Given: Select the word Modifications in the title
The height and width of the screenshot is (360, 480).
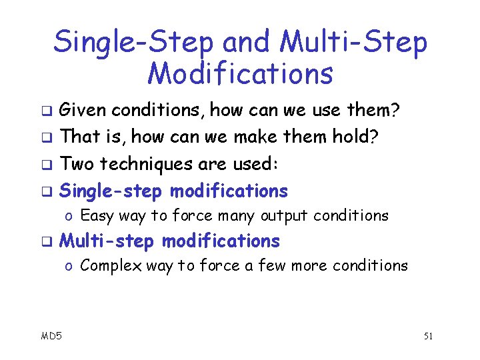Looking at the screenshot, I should pos(240,73).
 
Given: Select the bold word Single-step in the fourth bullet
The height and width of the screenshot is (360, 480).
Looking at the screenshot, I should pos(111,191).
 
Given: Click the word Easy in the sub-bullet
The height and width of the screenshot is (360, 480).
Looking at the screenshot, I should pos(96,216).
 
